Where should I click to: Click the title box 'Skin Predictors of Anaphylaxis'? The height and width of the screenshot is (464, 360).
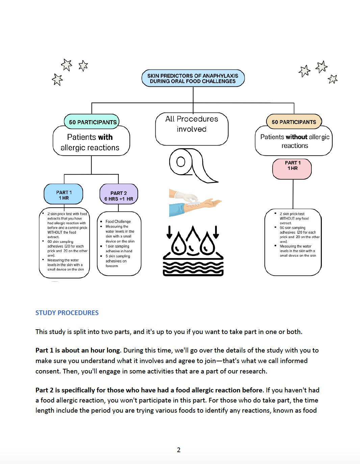tap(193, 78)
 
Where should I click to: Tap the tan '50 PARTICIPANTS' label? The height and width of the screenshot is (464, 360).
tap(294, 122)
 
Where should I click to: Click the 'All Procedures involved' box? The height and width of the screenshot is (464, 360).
tap(192, 128)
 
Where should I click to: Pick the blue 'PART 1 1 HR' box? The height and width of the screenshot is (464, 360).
tap(63, 195)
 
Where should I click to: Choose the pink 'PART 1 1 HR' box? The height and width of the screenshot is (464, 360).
tap(292, 168)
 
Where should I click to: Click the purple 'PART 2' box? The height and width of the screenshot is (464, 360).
tap(119, 195)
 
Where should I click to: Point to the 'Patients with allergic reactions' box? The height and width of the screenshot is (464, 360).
tap(91, 142)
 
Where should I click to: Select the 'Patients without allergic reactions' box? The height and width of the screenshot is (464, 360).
tap(294, 141)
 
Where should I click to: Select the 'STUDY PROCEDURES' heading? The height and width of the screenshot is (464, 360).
tap(67, 313)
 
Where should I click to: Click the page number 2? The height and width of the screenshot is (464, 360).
tap(179, 450)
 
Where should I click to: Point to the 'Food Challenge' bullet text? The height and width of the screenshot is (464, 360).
tap(118, 222)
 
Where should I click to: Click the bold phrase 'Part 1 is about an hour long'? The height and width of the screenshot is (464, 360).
tap(78, 350)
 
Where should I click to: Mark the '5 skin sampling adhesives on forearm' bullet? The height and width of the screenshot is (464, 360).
tap(117, 261)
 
